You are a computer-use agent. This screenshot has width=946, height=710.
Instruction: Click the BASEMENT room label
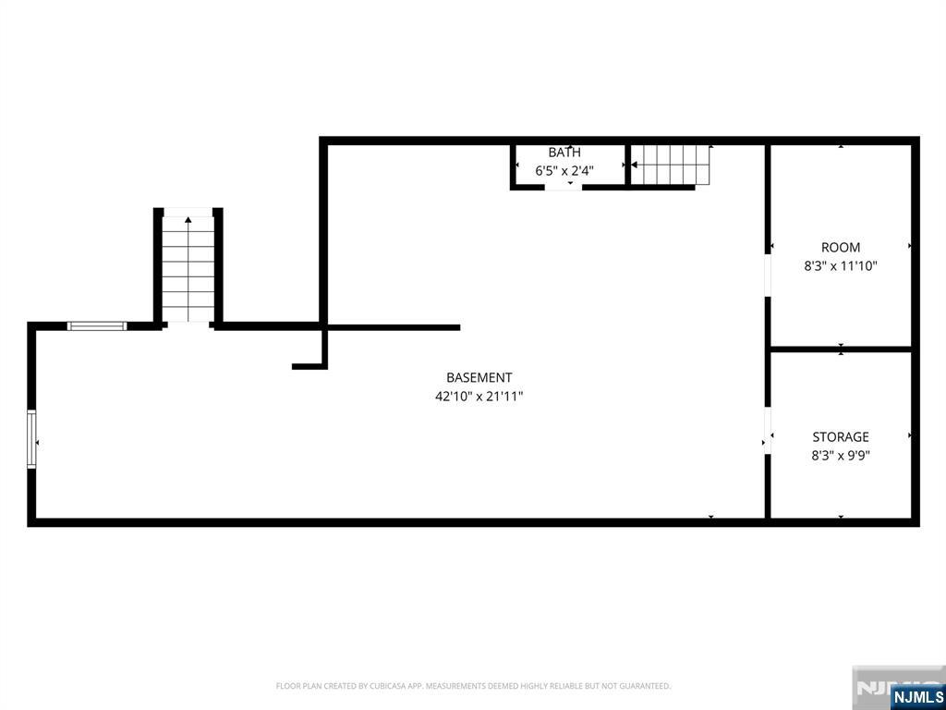(479, 378)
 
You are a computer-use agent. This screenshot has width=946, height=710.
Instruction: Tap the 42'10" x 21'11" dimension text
(479, 397)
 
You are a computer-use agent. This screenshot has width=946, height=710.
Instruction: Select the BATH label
(564, 153)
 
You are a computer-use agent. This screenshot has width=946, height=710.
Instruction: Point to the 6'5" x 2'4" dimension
(564, 171)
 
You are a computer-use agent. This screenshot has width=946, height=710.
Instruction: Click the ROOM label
(841, 248)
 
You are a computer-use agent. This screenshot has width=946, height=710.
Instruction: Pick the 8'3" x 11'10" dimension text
(841, 266)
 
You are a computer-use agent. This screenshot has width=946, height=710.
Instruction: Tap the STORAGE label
(841, 437)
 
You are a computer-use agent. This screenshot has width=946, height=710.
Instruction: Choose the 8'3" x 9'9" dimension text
(841, 455)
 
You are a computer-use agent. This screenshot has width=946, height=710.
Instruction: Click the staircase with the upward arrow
(188, 269)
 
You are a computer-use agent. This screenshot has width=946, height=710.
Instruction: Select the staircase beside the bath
(671, 165)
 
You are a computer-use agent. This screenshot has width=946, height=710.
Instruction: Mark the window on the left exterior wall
(31, 439)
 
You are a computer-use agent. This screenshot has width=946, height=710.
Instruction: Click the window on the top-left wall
(96, 326)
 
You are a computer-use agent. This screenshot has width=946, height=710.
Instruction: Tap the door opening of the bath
(564, 188)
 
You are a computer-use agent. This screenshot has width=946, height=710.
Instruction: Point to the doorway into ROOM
(768, 275)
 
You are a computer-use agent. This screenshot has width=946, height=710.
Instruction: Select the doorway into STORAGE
(768, 432)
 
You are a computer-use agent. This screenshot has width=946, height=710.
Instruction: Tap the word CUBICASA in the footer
(391, 686)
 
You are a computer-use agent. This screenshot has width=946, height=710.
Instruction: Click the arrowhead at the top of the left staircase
(188, 220)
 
